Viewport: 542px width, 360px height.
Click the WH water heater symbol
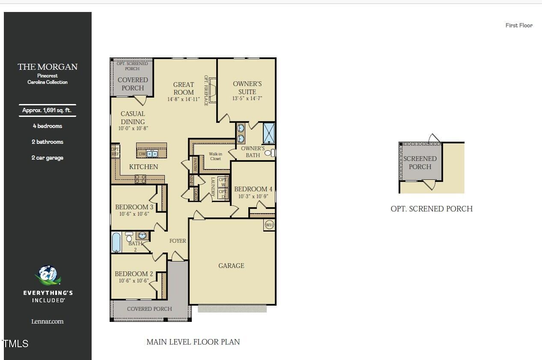(269, 225)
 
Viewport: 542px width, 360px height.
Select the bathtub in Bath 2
(116, 243)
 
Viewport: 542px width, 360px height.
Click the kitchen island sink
(152, 154)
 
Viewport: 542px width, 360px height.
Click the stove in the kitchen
(140, 179)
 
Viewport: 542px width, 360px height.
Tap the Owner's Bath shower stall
(268, 133)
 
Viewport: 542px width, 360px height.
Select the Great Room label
(184, 89)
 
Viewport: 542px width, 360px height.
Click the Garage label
(231, 266)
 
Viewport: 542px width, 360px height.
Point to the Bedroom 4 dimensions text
(253, 196)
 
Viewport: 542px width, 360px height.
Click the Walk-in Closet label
(215, 156)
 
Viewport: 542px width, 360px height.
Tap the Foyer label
(178, 241)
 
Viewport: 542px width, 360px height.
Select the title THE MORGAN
(48, 67)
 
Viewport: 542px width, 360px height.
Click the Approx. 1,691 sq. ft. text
(47, 110)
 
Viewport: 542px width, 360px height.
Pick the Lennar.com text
(48, 321)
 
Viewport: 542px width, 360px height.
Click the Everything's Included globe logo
(48, 275)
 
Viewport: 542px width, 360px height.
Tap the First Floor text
(519, 25)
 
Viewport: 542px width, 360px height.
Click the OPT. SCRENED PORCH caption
(432, 209)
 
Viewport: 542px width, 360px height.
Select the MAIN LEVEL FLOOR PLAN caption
(193, 342)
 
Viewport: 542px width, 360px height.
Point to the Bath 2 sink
(142, 235)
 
